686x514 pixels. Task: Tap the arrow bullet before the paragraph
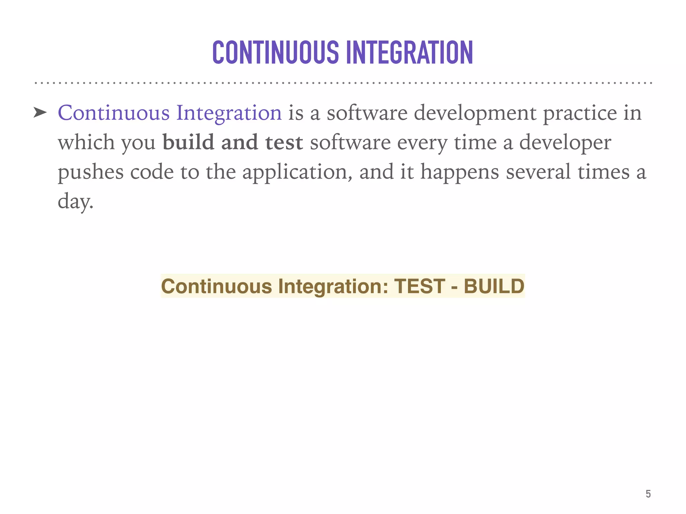(x=40, y=113)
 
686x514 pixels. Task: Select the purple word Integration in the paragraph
(x=229, y=113)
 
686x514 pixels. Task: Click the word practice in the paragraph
(x=580, y=113)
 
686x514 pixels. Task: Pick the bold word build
(x=188, y=143)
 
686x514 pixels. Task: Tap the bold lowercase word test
(x=284, y=143)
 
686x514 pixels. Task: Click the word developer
(x=565, y=143)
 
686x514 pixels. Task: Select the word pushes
(x=90, y=172)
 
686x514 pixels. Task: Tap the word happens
(x=460, y=172)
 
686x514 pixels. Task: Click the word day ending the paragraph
(x=75, y=201)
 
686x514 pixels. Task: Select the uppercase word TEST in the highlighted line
(x=420, y=286)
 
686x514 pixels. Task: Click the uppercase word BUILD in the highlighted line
(x=494, y=286)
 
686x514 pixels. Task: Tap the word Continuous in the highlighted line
(x=216, y=286)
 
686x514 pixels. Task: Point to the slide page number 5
(x=648, y=494)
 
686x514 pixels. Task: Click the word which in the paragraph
(x=86, y=143)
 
